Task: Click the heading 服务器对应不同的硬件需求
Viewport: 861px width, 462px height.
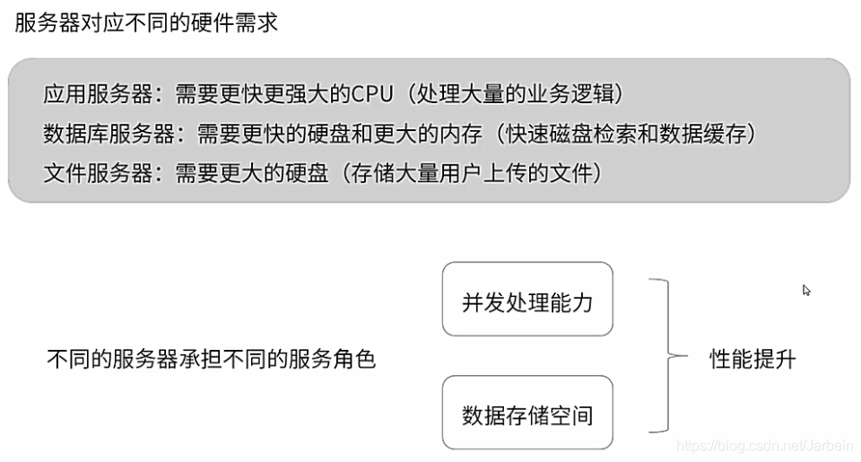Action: pyautogui.click(x=146, y=23)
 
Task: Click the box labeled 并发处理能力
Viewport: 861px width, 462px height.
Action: pyautogui.click(x=527, y=301)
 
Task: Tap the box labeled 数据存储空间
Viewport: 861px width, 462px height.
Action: pyautogui.click(x=527, y=414)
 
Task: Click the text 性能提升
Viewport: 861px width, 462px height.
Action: pyautogui.click(x=752, y=359)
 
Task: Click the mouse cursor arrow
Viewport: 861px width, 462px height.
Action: pyautogui.click(x=806, y=290)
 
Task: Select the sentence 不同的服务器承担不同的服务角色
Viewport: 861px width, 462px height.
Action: pyautogui.click(x=211, y=360)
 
